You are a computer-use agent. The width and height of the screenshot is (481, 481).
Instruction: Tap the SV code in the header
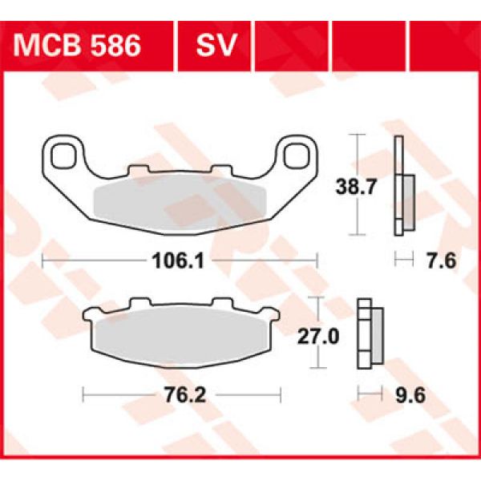215,45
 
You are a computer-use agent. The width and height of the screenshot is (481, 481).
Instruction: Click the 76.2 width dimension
180,394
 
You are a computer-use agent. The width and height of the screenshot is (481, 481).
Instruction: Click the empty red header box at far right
443,45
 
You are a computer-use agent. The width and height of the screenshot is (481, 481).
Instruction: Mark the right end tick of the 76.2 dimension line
281,394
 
